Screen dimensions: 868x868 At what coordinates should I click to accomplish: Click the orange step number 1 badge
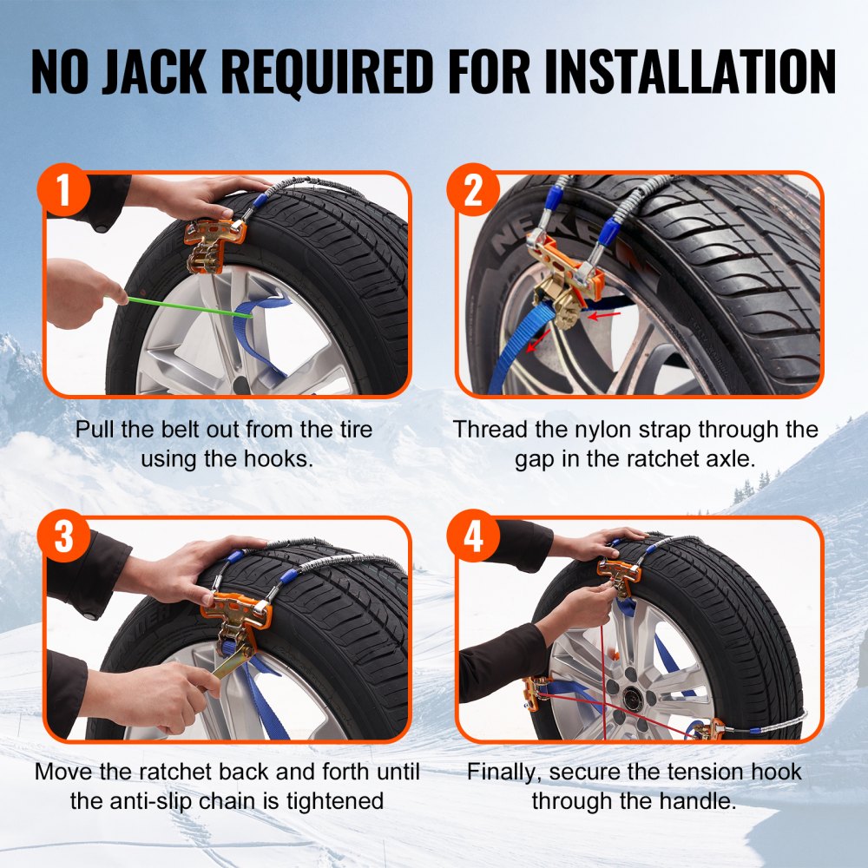[62, 192]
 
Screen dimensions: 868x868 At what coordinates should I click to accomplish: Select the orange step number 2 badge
[473, 192]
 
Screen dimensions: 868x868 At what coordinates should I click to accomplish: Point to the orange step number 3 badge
[62, 538]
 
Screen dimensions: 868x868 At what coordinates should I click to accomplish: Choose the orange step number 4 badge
[473, 538]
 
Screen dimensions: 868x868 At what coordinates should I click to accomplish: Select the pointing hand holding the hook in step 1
[82, 293]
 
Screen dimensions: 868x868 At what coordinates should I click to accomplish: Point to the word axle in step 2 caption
[727, 458]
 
